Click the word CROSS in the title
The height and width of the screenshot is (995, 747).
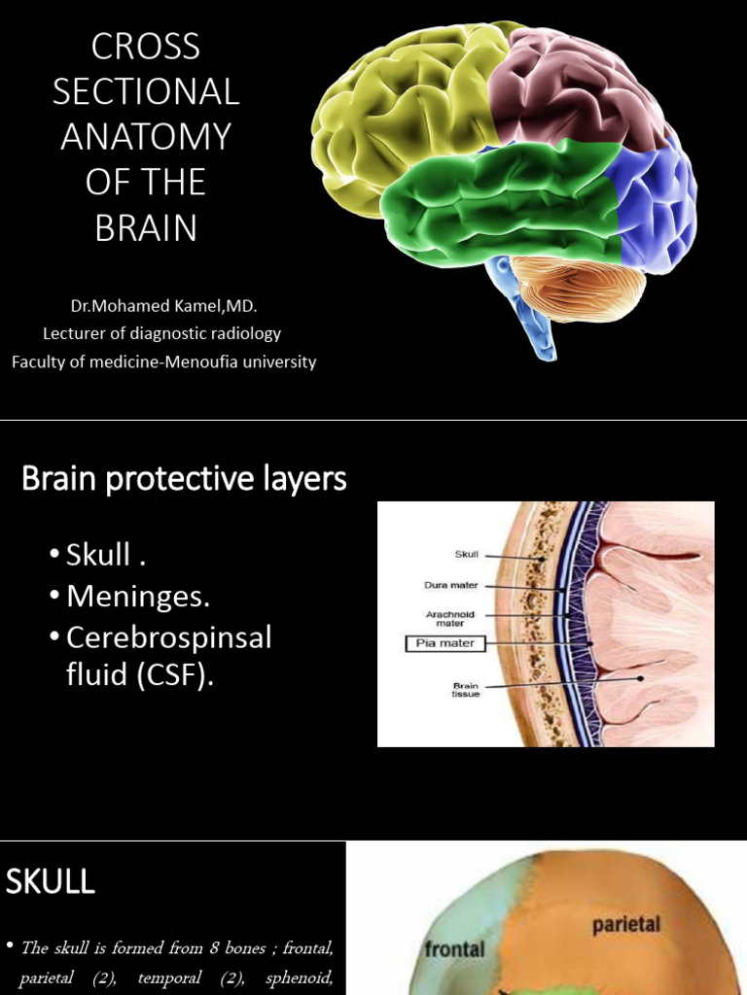(145, 47)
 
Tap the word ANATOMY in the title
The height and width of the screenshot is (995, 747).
(145, 136)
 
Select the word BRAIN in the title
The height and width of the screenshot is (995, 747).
(145, 227)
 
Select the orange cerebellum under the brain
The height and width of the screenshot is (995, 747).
(579, 288)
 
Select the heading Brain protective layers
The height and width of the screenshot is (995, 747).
(184, 479)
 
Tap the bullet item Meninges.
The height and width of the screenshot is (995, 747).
(137, 597)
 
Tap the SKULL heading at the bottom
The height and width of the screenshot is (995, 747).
(51, 882)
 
